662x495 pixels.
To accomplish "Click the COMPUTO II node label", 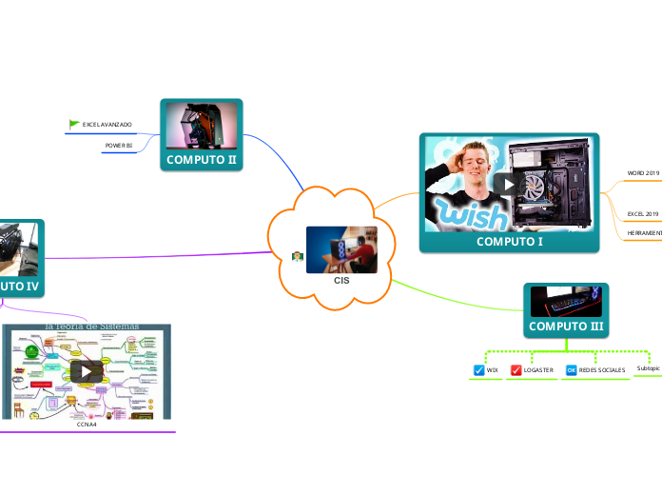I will [201, 160].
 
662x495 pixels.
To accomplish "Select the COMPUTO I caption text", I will [509, 242].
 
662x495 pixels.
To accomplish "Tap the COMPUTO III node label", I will [566, 327].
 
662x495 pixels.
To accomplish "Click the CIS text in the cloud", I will [341, 281].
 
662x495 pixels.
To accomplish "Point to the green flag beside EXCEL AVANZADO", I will [74, 124].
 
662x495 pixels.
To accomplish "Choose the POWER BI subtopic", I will [118, 146].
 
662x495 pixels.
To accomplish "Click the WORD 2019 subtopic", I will [643, 173].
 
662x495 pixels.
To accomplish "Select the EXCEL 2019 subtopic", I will [643, 214].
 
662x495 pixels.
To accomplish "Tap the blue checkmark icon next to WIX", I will [479, 369].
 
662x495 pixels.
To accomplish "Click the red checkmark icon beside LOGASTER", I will [516, 369].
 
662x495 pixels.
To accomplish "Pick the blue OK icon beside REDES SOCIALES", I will [571, 369].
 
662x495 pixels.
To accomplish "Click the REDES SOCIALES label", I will [602, 369].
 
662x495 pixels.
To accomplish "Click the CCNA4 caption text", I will [88, 425].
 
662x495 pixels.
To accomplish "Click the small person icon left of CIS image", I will [298, 256].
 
